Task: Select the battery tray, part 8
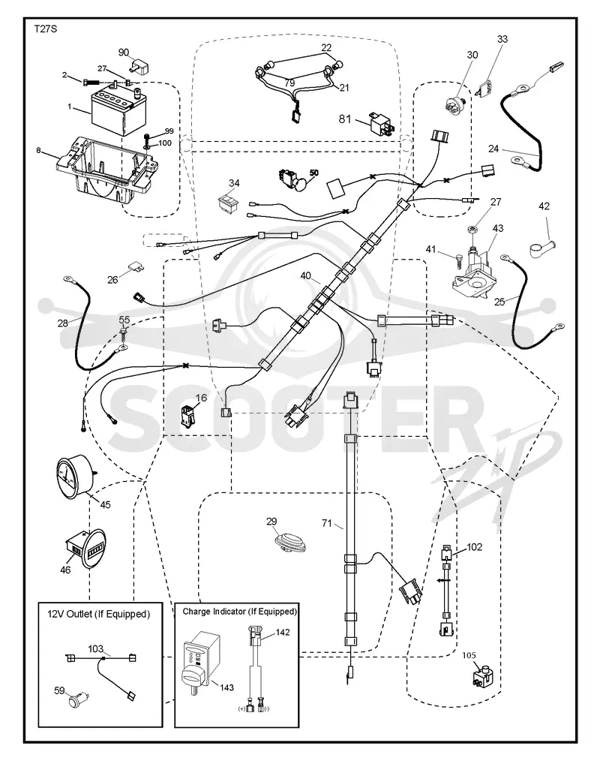(106, 170)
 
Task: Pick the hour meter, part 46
(85, 548)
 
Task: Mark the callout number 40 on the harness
(305, 275)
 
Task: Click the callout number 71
(327, 522)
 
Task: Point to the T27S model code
(46, 29)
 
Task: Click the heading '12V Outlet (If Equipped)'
(98, 614)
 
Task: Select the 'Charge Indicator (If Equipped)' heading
(239, 612)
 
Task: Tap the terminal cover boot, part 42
(541, 248)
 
